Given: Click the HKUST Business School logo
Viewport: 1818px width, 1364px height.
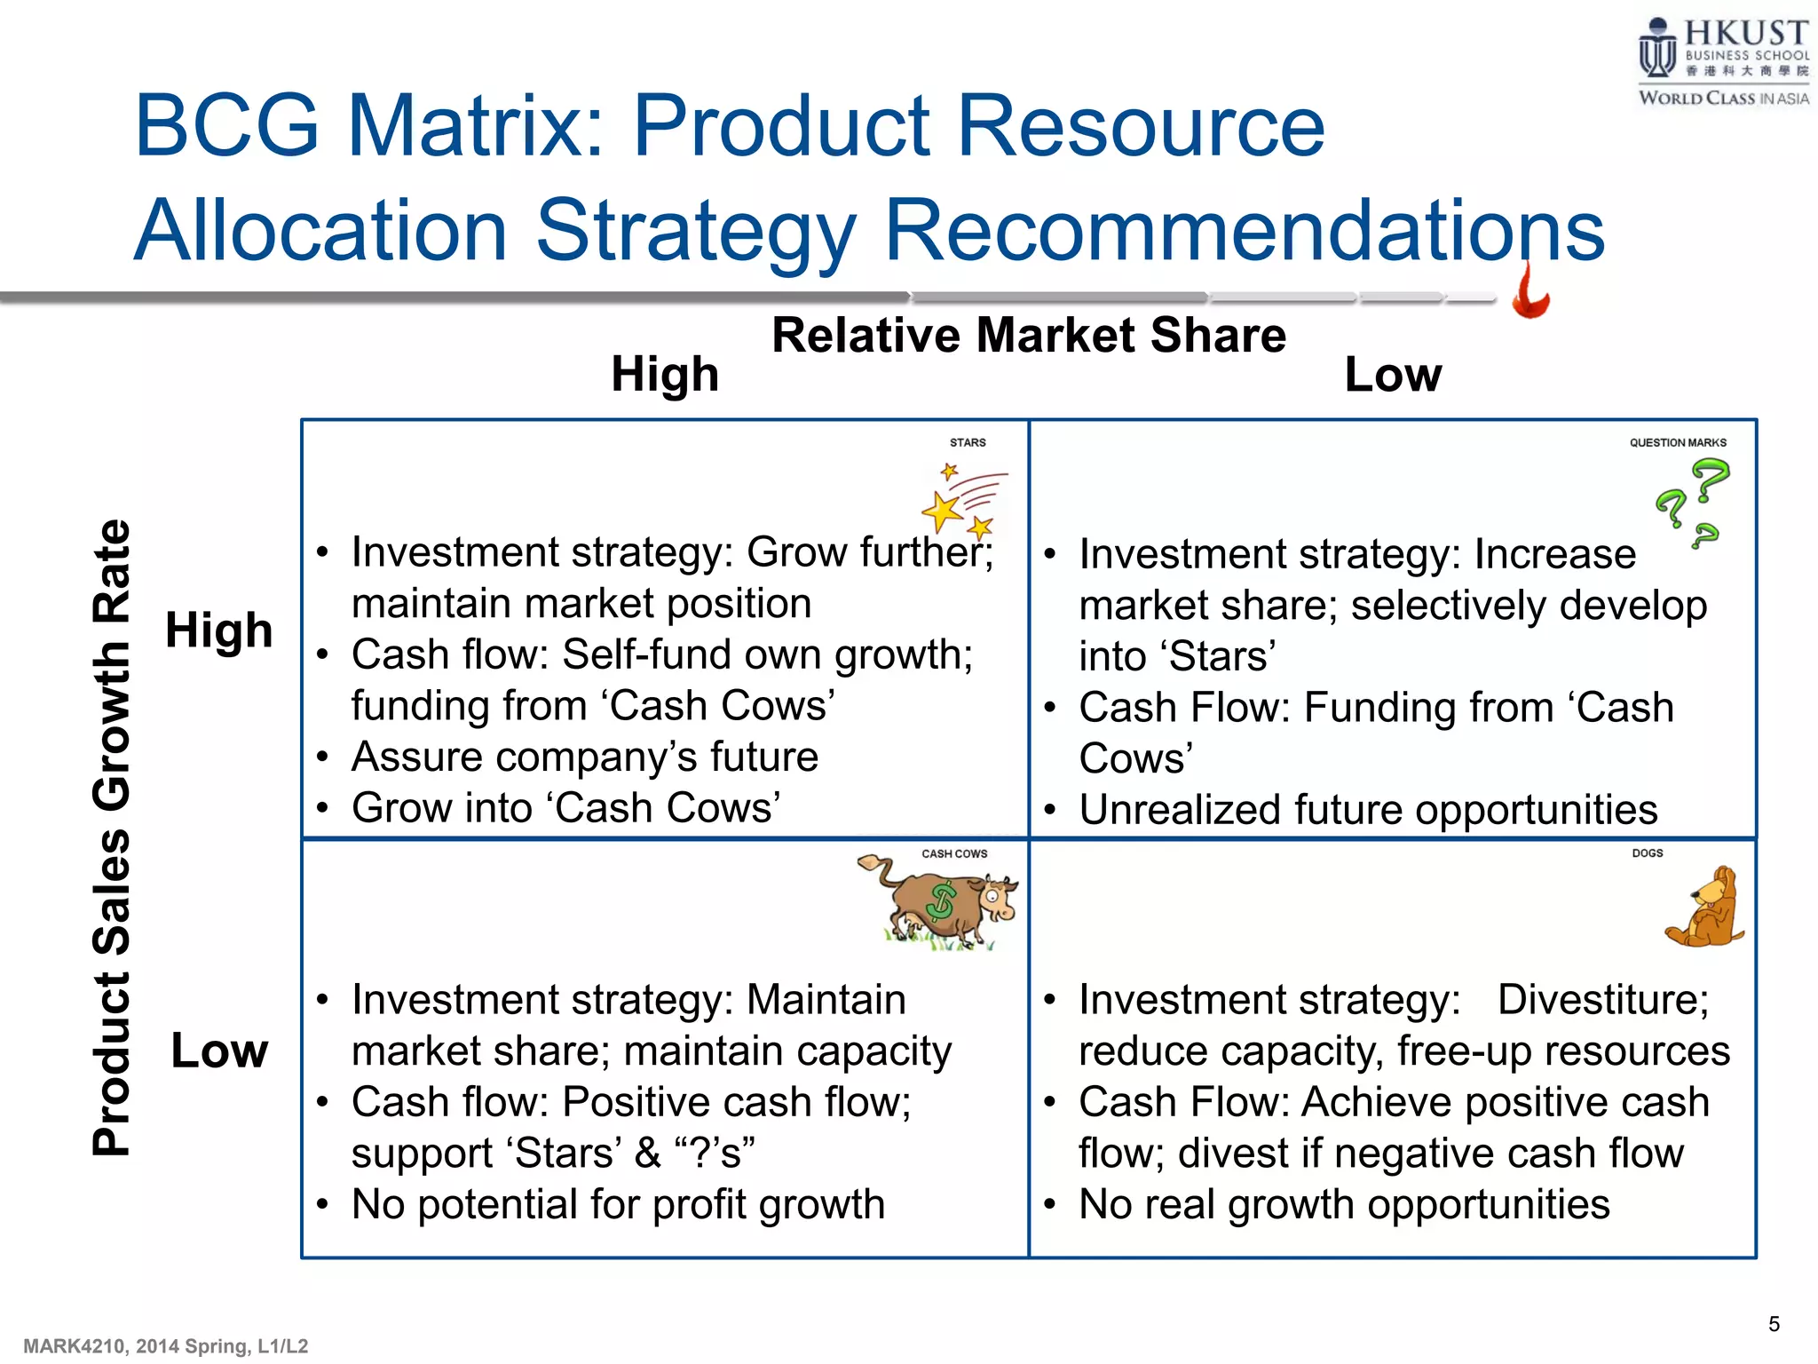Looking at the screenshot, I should pos(1722,62).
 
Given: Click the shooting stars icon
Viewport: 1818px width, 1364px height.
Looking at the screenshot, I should pos(962,501).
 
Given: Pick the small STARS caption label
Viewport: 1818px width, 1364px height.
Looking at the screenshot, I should pos(968,442).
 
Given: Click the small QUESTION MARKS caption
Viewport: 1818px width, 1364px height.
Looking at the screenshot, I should pos(1678,442).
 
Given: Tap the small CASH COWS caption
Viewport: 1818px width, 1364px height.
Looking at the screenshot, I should pos(954,853).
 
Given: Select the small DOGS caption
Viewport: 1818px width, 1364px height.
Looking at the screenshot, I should pos(1648,852).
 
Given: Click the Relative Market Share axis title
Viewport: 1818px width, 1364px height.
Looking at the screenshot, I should pos(1028,336).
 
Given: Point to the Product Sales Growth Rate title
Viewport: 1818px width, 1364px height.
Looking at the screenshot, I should pos(112,837).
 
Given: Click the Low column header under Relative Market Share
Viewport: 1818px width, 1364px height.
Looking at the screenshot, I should pos(1393,374).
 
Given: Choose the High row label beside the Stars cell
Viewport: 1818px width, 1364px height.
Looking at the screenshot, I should pos(218,630).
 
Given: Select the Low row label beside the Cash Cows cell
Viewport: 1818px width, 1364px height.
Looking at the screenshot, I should pos(218,1051).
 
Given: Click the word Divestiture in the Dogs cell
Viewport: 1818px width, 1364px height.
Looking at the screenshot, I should pos(1602,1000).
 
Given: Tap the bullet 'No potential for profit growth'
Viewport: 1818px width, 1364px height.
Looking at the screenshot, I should pos(618,1205).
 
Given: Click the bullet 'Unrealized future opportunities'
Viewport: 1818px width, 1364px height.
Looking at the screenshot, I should pos(1368,810).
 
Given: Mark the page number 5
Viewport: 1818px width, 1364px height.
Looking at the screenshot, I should pos(1774,1324).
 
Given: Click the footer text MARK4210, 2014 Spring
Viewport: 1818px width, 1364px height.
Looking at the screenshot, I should pos(166,1346).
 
